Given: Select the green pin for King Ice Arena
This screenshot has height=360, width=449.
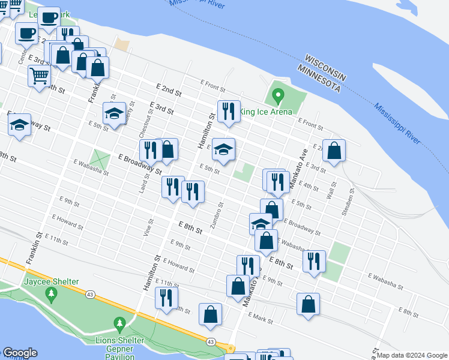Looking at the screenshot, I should [x=277, y=95].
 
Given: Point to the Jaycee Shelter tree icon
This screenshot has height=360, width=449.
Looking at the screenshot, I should [x=52, y=293].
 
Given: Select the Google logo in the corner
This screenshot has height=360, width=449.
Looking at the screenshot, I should [x=20, y=353].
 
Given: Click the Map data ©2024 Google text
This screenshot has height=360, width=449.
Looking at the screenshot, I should [x=412, y=355].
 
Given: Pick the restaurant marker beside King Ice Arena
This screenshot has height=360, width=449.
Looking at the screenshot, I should [x=228, y=111].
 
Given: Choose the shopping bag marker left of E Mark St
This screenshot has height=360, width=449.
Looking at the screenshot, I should [x=210, y=314].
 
